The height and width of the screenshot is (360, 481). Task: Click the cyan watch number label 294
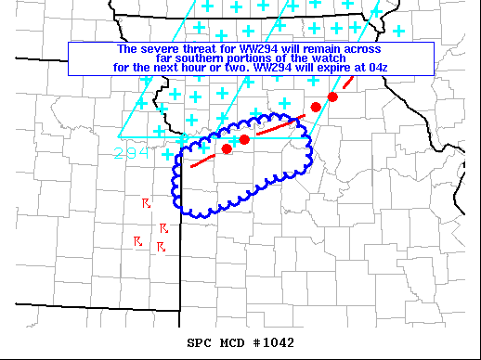[x=132, y=153]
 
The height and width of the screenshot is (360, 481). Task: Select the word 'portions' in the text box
[x=252, y=58]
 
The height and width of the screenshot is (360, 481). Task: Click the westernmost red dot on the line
[x=227, y=148]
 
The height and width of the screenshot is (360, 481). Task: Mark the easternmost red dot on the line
[x=332, y=96]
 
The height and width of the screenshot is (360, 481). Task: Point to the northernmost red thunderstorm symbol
[x=146, y=202]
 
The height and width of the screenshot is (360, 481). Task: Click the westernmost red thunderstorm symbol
[x=137, y=241]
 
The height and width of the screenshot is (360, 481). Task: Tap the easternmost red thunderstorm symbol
[x=163, y=227]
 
